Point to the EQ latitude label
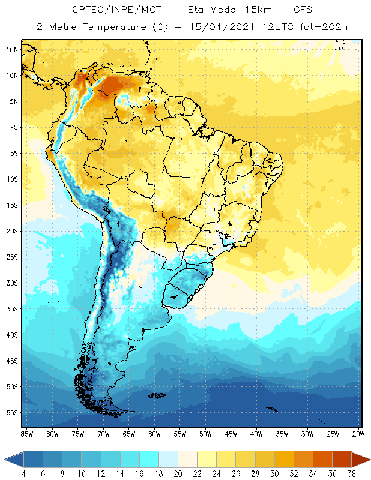click(x=12, y=127)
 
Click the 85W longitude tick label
click(x=26, y=433)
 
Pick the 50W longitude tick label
click(x=205, y=433)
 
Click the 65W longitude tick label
click(x=128, y=433)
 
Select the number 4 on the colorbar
click(x=23, y=474)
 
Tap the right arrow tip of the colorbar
click(x=369, y=460)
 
